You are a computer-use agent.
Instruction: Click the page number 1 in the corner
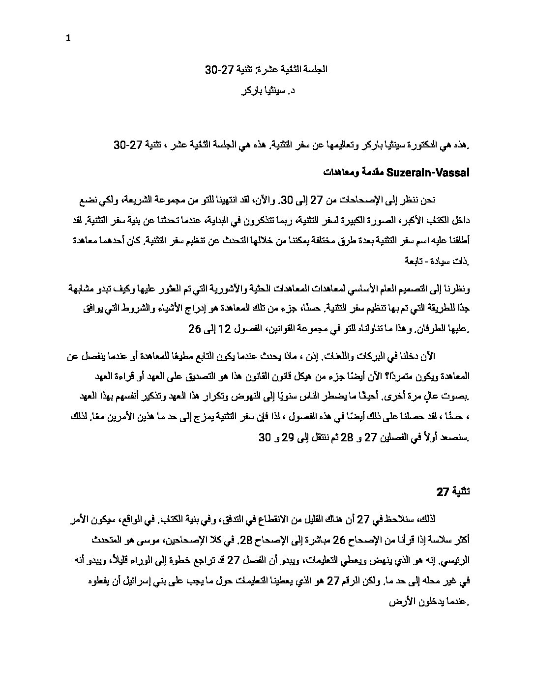pos(68,39)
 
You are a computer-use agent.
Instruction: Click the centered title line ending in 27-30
pos(266,70)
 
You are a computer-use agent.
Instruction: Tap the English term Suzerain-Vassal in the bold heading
pos(428,173)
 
